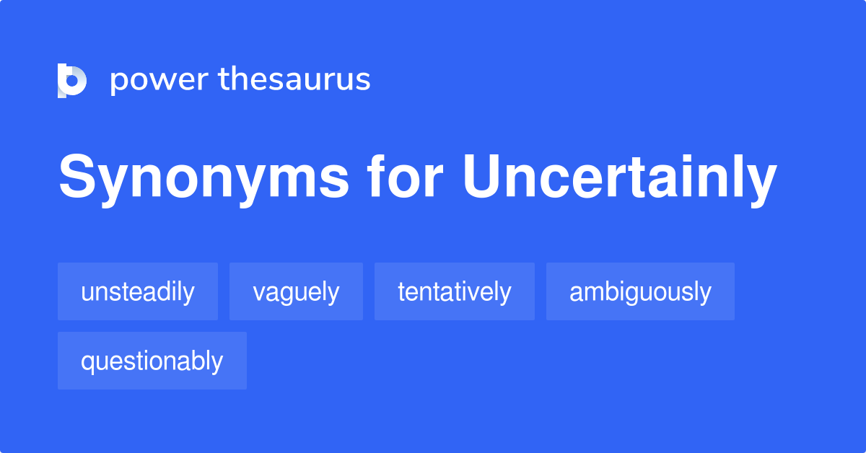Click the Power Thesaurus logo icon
[x=72, y=80]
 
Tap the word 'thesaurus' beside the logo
[x=294, y=79]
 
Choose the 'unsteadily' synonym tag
[x=138, y=291]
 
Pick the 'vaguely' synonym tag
[x=296, y=291]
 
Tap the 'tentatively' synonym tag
[x=454, y=291]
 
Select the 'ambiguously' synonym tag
[x=640, y=291]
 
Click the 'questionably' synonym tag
[x=152, y=361]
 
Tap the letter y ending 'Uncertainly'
[x=761, y=183]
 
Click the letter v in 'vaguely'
[x=258, y=293]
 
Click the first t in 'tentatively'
[x=401, y=291]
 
